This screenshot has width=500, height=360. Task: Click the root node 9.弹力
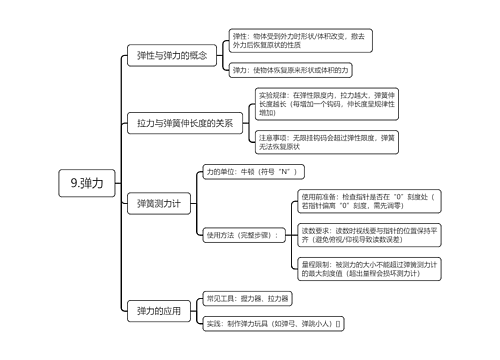coord(93,183)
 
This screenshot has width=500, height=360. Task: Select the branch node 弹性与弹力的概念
coord(171,55)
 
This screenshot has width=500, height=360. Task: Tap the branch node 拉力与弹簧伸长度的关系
coord(185,124)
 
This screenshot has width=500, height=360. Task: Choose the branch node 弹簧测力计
coord(158,203)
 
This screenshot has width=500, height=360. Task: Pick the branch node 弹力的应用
coord(158,311)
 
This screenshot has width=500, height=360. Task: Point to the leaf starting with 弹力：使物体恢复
coord(290,71)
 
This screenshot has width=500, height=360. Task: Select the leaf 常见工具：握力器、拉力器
coord(247,298)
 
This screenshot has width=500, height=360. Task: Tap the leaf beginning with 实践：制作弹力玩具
coord(273,324)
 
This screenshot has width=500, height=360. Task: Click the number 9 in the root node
coord(76,183)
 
